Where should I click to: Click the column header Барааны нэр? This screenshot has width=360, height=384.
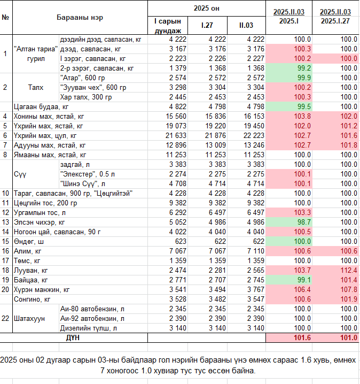pyautogui.click(x=80, y=18)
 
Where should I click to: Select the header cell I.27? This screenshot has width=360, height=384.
pyautogui.click(x=207, y=25)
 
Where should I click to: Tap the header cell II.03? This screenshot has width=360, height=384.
pyautogui.click(x=246, y=25)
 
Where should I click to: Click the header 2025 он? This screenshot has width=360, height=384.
pyautogui.click(x=206, y=9)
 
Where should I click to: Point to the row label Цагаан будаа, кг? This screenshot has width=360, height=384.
pyautogui.click(x=41, y=107)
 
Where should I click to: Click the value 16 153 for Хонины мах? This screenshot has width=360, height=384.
pyautogui.click(x=254, y=117)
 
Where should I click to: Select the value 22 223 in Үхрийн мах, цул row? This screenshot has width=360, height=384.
pyautogui.click(x=254, y=136)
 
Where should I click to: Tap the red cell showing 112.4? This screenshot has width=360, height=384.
pyautogui.click(x=349, y=271)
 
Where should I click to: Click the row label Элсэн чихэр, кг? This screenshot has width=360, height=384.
pyautogui.click(x=39, y=222)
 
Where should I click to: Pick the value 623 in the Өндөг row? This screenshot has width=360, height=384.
pyautogui.click(x=181, y=241)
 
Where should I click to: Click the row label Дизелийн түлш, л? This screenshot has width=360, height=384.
pyautogui.click(x=89, y=328)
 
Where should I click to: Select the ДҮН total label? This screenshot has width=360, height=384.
pyautogui.click(x=73, y=337)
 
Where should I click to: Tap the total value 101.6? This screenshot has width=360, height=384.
pyautogui.click(x=302, y=337)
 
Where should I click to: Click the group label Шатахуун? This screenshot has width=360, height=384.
pyautogui.click(x=29, y=319)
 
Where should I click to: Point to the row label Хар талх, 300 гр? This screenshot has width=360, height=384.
pyautogui.click(x=86, y=97)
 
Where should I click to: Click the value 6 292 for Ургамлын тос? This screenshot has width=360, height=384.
pyautogui.click(x=178, y=212)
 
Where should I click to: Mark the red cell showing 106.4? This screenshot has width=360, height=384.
pyautogui.click(x=302, y=289)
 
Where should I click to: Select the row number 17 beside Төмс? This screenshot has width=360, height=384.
pyautogui.click(x=5, y=260)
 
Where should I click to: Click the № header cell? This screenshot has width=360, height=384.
pyautogui.click(x=5, y=18)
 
